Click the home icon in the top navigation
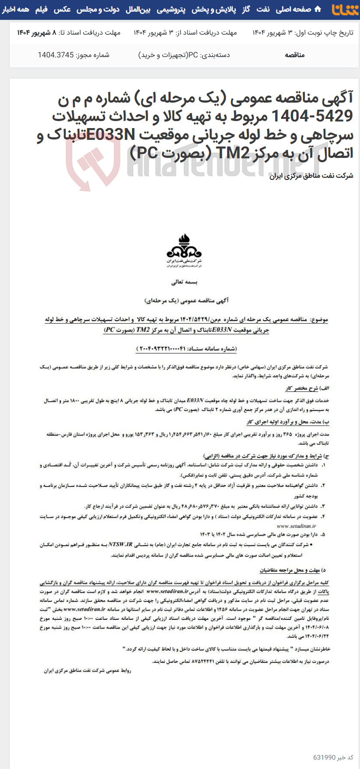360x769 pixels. pyautogui.click(x=318, y=9)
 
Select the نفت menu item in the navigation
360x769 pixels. pyautogui.click(x=263, y=9)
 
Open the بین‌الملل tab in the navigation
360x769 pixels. pyautogui.click(x=138, y=9)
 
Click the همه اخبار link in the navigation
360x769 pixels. pyautogui.click(x=15, y=9)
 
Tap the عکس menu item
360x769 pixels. pyautogui.click(x=62, y=9)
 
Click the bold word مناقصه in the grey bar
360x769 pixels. pyautogui.click(x=295, y=55)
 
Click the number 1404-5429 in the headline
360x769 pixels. pyautogui.click(x=312, y=116)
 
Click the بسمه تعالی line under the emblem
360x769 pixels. pyautogui.click(x=184, y=282)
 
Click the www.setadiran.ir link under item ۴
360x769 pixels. pyautogui.click(x=296, y=526)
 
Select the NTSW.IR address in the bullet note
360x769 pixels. pyautogui.click(x=120, y=544)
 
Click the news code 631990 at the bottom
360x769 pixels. pyautogui.click(x=324, y=757)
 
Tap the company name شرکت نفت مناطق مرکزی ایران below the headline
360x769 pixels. pyautogui.click(x=311, y=176)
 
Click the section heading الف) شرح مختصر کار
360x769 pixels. pyautogui.click(x=307, y=388)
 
